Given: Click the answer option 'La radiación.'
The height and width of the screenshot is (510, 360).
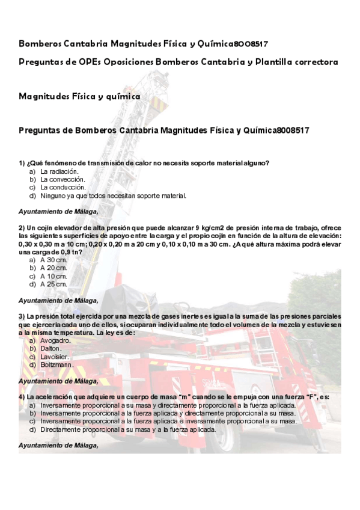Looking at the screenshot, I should [x=59, y=171].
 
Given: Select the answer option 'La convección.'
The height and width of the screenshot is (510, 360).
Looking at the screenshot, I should [x=63, y=179].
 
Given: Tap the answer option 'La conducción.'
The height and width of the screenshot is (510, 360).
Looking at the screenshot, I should [x=63, y=187].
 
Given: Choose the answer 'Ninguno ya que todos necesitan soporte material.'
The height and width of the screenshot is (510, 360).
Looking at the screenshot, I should [x=114, y=195].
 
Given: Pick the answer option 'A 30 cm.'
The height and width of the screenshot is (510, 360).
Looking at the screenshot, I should [x=53, y=260].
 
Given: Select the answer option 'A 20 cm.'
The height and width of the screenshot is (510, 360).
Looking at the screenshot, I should [x=53, y=268].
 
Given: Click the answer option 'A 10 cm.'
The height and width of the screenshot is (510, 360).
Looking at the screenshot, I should [x=53, y=275].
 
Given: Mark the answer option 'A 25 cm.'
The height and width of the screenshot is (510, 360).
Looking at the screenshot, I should [x=53, y=283].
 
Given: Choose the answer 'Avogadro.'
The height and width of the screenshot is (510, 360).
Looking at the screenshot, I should [x=56, y=340].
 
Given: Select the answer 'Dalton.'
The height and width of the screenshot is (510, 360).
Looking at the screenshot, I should [x=51, y=348].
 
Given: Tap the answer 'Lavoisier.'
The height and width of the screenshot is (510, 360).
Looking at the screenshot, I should [x=55, y=356].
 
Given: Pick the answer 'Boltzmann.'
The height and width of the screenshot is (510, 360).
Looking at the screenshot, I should [x=57, y=364].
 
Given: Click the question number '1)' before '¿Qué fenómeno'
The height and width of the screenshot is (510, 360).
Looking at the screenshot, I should [x=22, y=163].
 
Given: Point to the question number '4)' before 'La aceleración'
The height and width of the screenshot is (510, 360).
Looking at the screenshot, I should [x=22, y=398].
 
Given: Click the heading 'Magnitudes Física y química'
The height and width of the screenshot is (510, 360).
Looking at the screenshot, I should [x=80, y=96].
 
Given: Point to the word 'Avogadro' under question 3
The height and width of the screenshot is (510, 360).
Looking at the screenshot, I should [x=55, y=340].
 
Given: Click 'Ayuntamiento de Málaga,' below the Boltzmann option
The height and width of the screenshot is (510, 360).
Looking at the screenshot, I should [x=58, y=381].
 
